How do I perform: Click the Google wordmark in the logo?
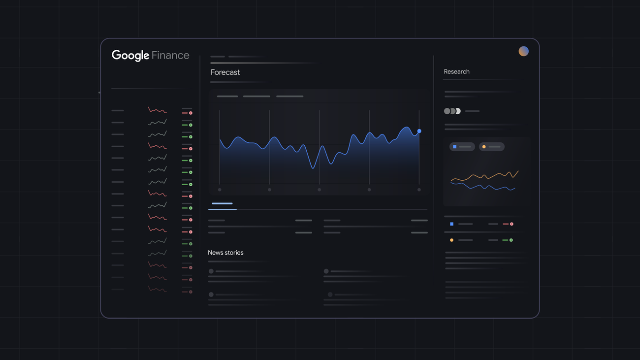click(130, 55)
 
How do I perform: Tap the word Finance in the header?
click(170, 55)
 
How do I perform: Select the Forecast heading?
click(225, 72)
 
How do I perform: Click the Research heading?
click(456, 71)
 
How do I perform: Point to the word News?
click(215, 253)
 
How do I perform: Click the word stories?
click(234, 253)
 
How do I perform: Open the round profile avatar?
click(523, 51)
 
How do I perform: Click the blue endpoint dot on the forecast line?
click(419, 131)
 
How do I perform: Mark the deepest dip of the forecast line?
click(313, 168)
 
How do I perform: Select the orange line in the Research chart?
click(485, 176)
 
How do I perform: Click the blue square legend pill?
click(462, 147)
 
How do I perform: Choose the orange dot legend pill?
click(491, 147)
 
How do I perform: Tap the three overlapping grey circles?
click(452, 111)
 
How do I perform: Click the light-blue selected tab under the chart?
click(222, 203)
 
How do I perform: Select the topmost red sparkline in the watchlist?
click(157, 110)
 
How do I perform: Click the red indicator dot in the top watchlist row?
click(191, 113)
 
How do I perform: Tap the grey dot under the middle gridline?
click(319, 190)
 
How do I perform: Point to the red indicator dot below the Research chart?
click(512, 224)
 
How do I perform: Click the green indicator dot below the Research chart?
click(511, 240)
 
